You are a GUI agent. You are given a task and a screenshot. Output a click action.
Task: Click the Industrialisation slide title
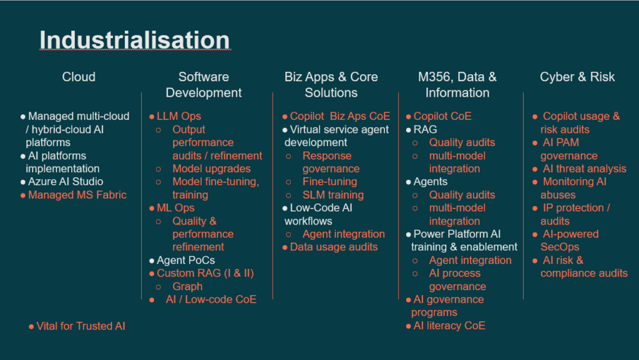pos(135,40)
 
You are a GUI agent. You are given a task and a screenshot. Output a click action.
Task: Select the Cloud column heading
pos(79,77)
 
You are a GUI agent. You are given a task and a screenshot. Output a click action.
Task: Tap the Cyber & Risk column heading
pos(577,77)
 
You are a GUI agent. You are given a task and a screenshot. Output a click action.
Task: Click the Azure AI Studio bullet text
pos(66,182)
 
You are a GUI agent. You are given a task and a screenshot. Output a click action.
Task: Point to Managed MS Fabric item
pos(77,195)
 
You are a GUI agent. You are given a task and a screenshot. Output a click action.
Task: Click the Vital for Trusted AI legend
pos(80,326)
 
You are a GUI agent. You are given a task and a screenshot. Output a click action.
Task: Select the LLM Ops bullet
pos(179,116)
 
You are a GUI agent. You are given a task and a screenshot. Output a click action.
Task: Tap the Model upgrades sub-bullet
pos(212,168)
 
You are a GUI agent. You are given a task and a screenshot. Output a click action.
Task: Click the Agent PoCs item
pos(186,260)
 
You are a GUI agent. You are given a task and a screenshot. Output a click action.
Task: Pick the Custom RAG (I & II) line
pos(205,273)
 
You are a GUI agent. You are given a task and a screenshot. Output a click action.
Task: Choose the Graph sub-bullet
pos(187,286)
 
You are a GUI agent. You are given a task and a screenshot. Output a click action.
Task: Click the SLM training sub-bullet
pos(333,195)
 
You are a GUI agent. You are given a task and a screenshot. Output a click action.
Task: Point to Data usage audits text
pos(334,247)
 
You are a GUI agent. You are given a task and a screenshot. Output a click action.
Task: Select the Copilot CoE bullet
pos(442,116)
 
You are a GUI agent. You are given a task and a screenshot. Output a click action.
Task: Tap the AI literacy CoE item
pos(449,326)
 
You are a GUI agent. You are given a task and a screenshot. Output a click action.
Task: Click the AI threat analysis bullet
pos(584,168)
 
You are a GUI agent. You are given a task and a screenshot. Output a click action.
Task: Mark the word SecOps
pos(560,247)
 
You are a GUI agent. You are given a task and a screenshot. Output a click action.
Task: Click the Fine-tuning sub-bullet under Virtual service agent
pos(329,182)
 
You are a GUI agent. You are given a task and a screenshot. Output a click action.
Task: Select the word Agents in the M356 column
pos(431,182)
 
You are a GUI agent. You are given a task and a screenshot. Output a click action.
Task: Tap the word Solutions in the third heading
pos(331,92)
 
